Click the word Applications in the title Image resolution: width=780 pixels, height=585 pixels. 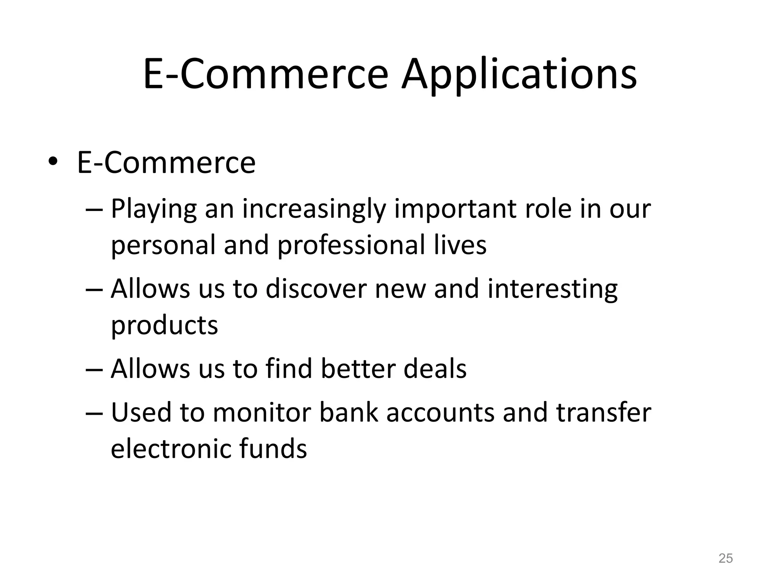tap(519, 75)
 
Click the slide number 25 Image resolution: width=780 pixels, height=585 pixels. tap(726, 558)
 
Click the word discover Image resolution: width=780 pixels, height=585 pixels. tap(316, 289)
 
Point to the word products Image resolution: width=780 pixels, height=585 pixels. tap(165, 326)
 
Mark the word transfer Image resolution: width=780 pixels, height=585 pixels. tap(604, 412)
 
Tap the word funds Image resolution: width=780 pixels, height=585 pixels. tap(273, 449)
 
